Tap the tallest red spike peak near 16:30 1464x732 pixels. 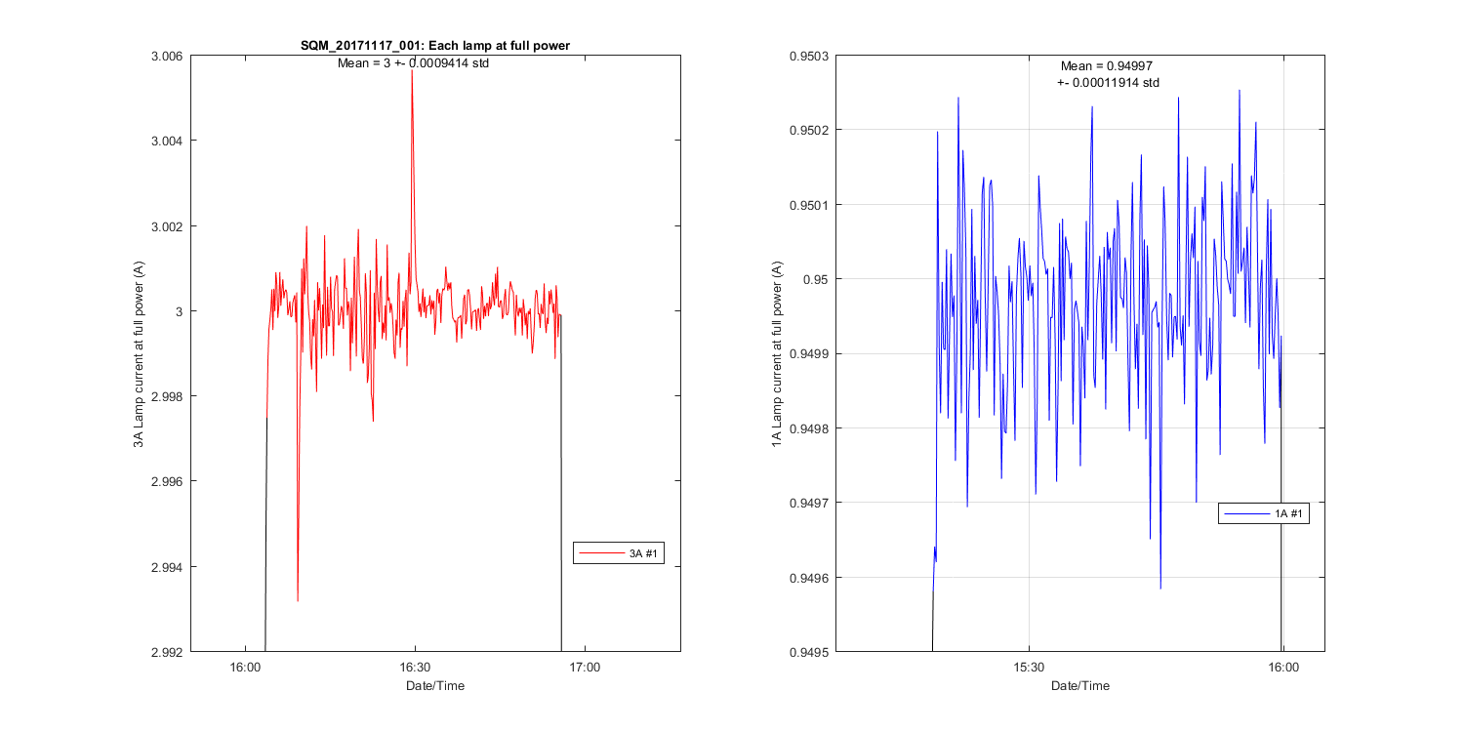412,71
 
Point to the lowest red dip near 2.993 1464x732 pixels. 298,600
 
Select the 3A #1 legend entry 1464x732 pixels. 619,553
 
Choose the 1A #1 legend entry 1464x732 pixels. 1263,513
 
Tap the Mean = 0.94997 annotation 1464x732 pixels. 1107,66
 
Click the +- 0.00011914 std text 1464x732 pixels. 1108,83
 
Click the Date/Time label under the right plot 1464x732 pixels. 1080,686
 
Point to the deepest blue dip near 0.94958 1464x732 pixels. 1160,589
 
